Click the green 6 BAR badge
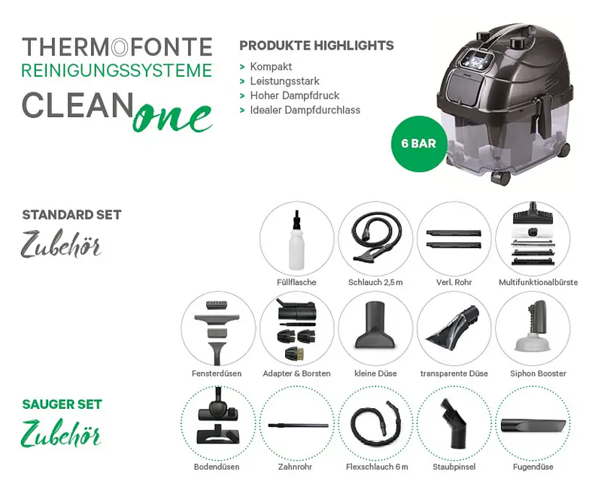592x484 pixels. (419, 144)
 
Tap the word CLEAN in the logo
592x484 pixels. (77, 105)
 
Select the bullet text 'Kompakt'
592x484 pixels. (271, 66)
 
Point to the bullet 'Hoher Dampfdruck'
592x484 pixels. (294, 95)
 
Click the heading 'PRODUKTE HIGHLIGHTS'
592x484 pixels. (317, 45)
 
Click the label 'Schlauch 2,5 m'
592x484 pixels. (375, 282)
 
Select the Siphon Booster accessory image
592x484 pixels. (533, 326)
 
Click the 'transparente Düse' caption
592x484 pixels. (454, 374)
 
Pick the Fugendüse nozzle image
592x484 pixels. (533, 425)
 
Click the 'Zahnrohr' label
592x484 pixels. (295, 467)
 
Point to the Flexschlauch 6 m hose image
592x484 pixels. (375, 423)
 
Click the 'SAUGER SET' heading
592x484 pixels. (62, 404)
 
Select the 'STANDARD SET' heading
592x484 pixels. (71, 215)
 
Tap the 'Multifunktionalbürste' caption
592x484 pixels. (538, 282)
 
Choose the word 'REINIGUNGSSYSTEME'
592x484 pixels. (117, 71)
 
